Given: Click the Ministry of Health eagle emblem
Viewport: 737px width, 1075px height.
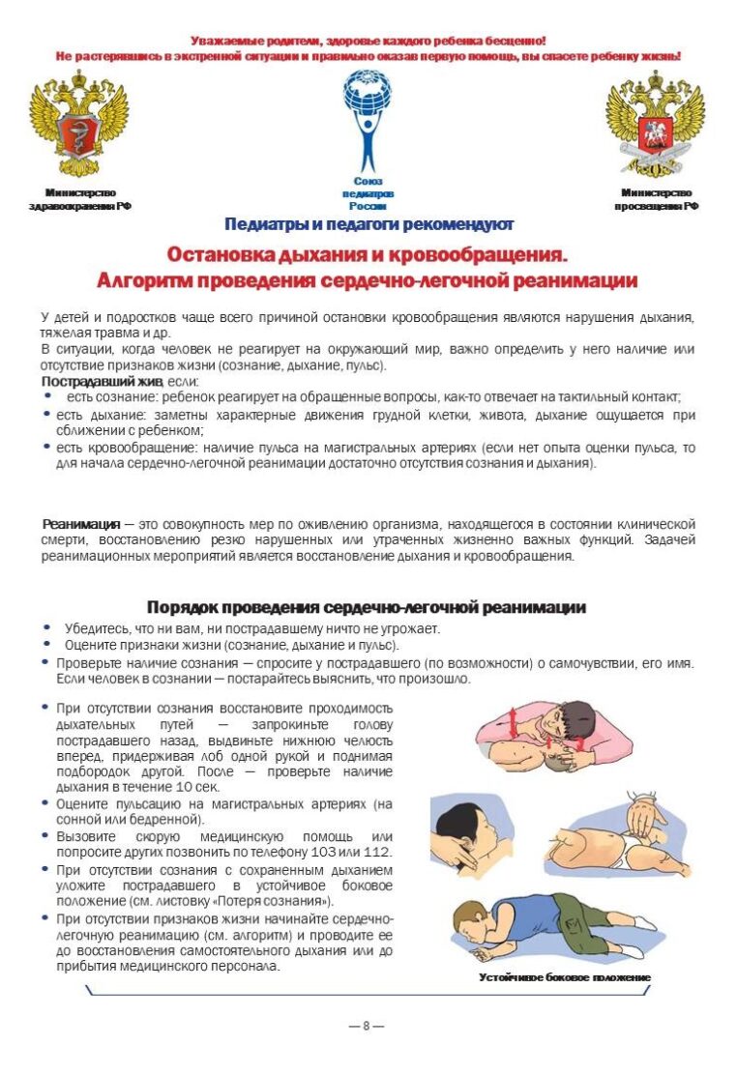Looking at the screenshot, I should click(x=79, y=123).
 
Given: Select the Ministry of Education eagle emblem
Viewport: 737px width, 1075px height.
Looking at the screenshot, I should click(x=655, y=123).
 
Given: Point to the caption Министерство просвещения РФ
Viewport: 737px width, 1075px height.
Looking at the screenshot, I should click(x=656, y=199).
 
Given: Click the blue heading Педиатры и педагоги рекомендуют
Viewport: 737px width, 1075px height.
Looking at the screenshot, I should click(x=368, y=225).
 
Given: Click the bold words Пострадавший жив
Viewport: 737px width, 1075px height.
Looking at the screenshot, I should click(x=80, y=381).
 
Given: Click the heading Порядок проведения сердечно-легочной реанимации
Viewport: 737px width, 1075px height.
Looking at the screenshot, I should click(x=367, y=607).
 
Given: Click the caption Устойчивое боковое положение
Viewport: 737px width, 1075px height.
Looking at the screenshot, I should click(x=565, y=977).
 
